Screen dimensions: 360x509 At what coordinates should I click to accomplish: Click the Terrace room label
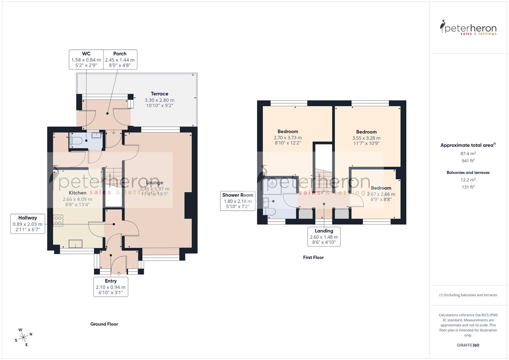(159, 94)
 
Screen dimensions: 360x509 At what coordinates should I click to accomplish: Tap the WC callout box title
(86, 54)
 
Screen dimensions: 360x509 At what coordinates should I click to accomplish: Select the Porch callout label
(120, 54)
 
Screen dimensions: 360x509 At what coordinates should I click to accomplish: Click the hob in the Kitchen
(58, 220)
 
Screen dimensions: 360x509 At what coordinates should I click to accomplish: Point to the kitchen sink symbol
(75, 244)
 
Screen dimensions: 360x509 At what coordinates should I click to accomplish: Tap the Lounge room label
(155, 183)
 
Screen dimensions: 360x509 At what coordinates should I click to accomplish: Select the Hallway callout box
(28, 224)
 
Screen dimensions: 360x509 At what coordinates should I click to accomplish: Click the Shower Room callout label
(238, 195)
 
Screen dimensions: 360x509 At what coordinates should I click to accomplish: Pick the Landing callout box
(324, 237)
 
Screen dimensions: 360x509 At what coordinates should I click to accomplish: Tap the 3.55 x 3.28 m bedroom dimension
(366, 138)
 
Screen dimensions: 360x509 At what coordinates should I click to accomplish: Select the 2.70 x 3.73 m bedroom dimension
(288, 138)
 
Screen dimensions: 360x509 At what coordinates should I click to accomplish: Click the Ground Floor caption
(104, 324)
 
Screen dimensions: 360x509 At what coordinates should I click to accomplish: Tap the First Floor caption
(313, 257)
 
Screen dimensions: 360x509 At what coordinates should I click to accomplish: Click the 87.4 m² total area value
(468, 154)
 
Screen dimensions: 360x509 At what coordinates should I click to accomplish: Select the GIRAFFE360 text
(468, 345)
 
